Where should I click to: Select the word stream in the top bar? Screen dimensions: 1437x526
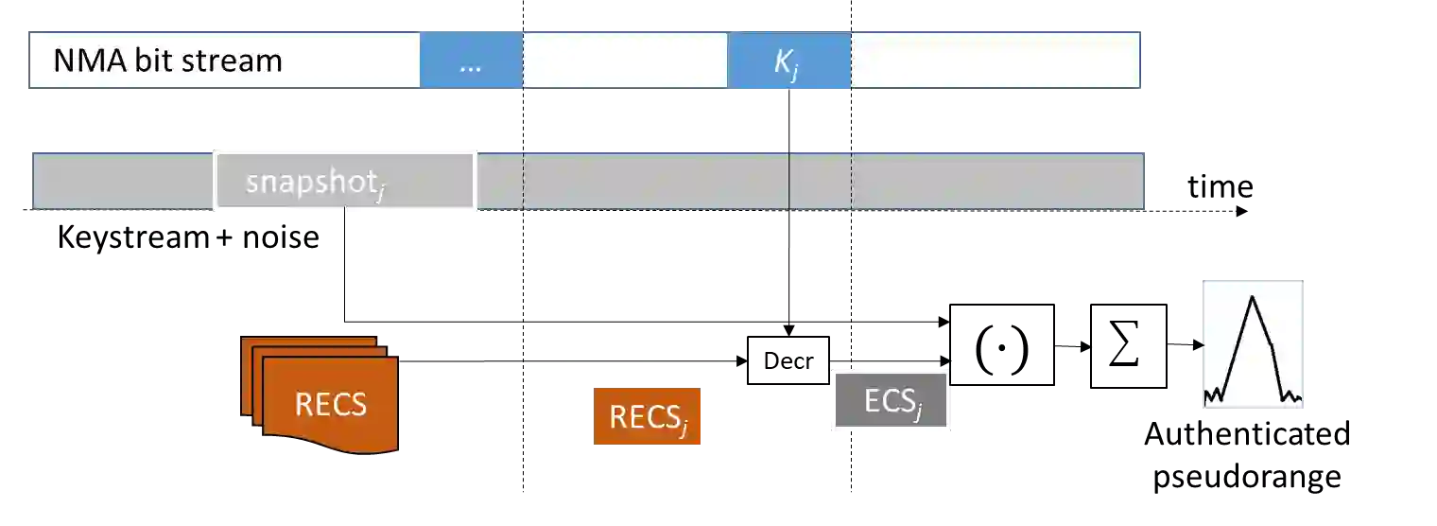235,61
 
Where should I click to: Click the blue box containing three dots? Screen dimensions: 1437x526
471,61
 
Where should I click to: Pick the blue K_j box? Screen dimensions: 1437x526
788,61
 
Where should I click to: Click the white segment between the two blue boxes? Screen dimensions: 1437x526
625,61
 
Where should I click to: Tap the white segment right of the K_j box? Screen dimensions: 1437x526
995,61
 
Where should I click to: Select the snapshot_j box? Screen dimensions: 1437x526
344,180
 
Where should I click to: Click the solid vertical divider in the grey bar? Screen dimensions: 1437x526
789,180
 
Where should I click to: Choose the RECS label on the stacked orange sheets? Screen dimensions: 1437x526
330,405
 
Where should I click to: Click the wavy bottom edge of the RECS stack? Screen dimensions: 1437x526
331,447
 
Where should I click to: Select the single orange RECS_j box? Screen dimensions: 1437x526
647,416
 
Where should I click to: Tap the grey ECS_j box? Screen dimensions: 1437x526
892,399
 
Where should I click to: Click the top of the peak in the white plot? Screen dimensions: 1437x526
1253,298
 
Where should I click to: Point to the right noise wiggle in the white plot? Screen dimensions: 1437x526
1293,395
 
